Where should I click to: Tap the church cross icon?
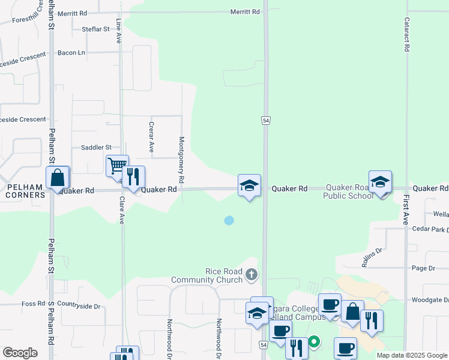pyautogui.click(x=251, y=275)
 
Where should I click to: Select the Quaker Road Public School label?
pyautogui.click(x=348, y=191)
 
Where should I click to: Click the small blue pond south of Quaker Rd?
pyautogui.click(x=229, y=220)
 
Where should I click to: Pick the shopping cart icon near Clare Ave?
pyautogui.click(x=116, y=165)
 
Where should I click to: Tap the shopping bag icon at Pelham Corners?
pyautogui.click(x=58, y=178)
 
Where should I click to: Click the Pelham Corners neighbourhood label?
pyautogui.click(x=25, y=191)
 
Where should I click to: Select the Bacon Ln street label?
pyautogui.click(x=71, y=53)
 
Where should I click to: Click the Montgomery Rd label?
pyautogui.click(x=182, y=160)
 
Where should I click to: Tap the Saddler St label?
pyautogui.click(x=96, y=147)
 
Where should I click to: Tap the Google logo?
pyautogui.click(x=20, y=353)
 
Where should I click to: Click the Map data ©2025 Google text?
pyautogui.click(x=412, y=355)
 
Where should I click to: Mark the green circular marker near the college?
pyautogui.click(x=314, y=343)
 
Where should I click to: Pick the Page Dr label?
pyautogui.click(x=423, y=268)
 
